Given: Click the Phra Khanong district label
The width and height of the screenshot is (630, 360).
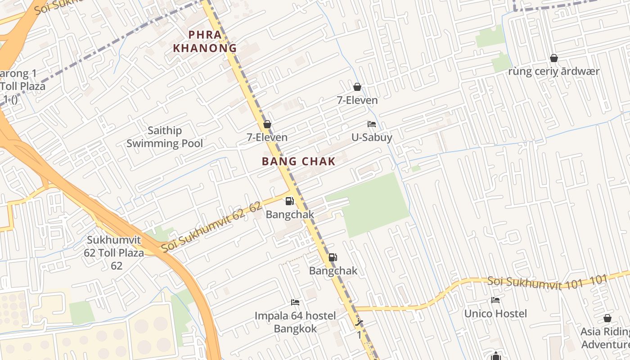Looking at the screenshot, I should click(x=205, y=41).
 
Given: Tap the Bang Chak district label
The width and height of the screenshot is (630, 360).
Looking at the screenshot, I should click(x=299, y=161).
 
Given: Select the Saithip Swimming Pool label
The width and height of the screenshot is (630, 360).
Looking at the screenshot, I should click(x=165, y=137).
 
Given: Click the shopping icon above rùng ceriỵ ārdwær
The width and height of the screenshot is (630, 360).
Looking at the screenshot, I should click(x=554, y=58).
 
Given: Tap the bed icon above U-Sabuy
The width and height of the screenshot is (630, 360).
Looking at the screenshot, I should click(x=372, y=124).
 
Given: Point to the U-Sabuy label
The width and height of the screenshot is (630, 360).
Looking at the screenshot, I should click(x=372, y=137).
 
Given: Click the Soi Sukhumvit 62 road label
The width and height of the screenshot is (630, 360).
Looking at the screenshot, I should click(x=211, y=227).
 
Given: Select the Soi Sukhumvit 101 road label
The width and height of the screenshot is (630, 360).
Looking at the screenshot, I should click(x=547, y=281).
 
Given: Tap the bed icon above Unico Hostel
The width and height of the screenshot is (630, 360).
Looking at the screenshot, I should click(x=495, y=300).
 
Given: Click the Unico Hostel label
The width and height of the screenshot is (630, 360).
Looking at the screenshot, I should click(x=495, y=313).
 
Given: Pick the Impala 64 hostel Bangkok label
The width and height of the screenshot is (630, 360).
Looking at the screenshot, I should click(x=295, y=322).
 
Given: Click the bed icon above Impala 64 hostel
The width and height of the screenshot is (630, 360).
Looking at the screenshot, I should click(x=295, y=302).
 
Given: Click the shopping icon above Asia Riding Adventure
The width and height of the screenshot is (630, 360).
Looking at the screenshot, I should click(x=607, y=318).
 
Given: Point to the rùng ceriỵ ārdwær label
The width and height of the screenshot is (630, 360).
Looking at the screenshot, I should click(x=554, y=72).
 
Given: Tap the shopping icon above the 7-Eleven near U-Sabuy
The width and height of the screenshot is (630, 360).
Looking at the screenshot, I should click(x=357, y=87).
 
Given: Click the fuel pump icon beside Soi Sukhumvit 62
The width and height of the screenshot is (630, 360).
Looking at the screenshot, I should click(x=289, y=201).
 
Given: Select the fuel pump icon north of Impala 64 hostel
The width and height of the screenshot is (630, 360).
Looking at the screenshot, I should click(x=333, y=257).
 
